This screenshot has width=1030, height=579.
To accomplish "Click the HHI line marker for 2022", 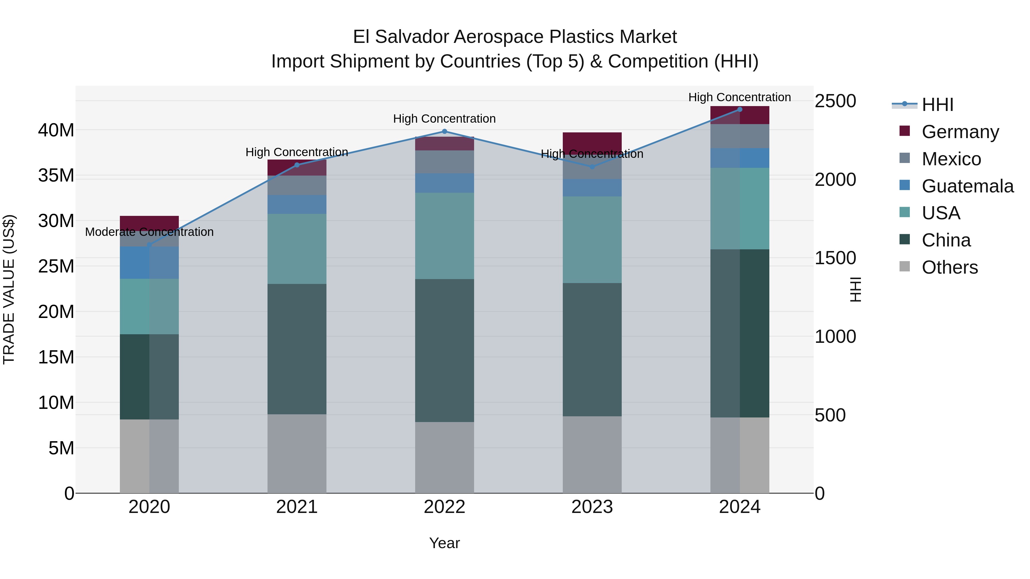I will pyautogui.click(x=444, y=132).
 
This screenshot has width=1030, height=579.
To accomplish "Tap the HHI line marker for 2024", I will pyautogui.click(x=739, y=110).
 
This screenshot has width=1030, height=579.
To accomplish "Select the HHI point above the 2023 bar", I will pyautogui.click(x=592, y=167).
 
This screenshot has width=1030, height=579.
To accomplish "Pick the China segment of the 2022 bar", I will pyautogui.click(x=444, y=351).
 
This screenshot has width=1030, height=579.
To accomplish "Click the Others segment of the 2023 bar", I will pyautogui.click(x=592, y=455).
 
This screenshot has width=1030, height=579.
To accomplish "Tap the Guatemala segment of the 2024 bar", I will pyautogui.click(x=739, y=158).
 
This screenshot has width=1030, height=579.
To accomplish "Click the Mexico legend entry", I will pyautogui.click(x=951, y=159).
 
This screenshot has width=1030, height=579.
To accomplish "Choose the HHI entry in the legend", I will pyautogui.click(x=937, y=105).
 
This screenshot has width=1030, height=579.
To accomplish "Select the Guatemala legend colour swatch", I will pyautogui.click(x=904, y=185).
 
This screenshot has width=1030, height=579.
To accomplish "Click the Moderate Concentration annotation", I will pyautogui.click(x=149, y=232).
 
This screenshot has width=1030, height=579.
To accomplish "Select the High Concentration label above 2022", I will pyautogui.click(x=444, y=119).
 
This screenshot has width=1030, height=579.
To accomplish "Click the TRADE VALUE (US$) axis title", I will pyautogui.click(x=9, y=289).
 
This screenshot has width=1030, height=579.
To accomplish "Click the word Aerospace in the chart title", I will pyautogui.click(x=499, y=37).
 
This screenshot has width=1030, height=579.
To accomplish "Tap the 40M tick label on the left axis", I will pyautogui.click(x=56, y=130).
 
